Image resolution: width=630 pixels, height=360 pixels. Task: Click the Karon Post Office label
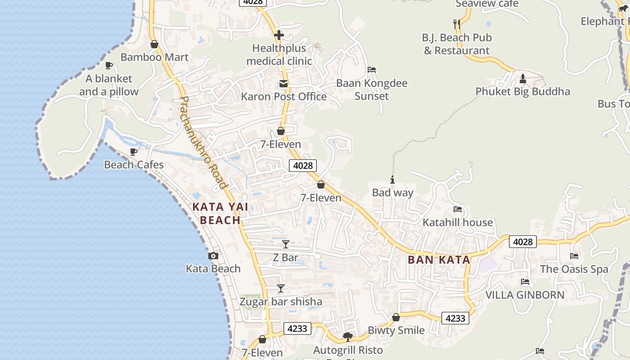point(284,96)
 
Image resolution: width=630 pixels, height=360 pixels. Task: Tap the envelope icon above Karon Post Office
point(283,84)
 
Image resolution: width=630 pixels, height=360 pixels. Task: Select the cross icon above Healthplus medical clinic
point(279,35)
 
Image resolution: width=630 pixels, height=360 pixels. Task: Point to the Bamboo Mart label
point(154,57)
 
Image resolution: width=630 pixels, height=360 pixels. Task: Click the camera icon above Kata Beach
point(213,256)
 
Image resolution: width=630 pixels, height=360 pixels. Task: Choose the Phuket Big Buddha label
point(522,91)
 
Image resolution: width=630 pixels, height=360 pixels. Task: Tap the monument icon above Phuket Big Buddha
point(522,79)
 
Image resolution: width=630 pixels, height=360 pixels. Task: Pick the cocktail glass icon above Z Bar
point(285,244)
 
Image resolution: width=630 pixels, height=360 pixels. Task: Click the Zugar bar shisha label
point(281,301)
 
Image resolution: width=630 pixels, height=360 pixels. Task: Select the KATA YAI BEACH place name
point(220,213)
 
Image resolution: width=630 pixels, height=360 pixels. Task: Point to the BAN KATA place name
point(439,260)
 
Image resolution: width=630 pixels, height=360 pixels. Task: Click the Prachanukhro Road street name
point(203,142)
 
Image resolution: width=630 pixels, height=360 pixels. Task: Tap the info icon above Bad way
point(392,180)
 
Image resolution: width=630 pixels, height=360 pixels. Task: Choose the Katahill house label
point(458,222)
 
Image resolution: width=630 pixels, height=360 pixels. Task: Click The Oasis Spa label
point(574,269)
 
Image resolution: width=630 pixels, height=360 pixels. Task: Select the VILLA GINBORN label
point(525,295)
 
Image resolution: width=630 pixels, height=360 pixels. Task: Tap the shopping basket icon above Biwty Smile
point(396,318)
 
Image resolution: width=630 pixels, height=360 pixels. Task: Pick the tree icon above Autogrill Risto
point(347,337)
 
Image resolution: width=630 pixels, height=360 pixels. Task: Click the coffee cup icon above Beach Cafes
point(134,152)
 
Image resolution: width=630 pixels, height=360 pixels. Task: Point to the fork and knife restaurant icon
point(457,24)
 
